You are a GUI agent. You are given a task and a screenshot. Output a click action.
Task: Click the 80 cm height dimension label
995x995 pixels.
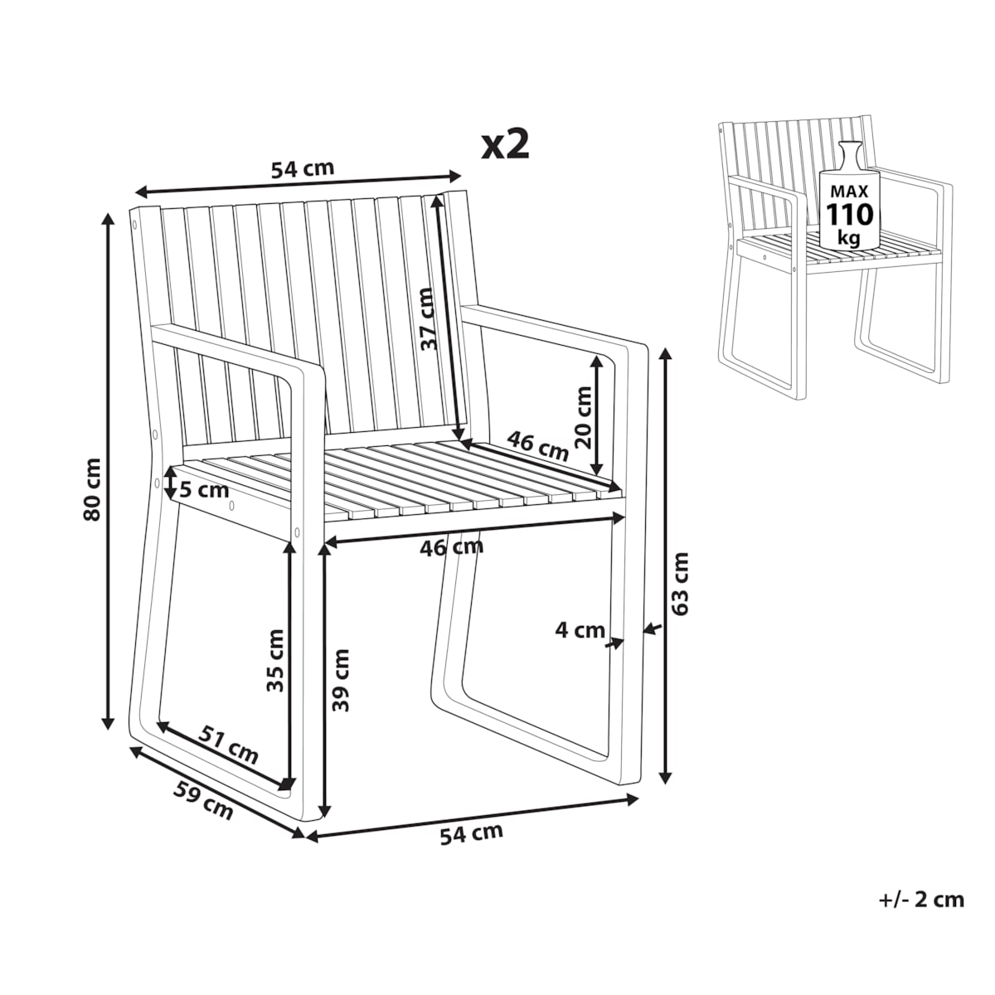tap(92, 489)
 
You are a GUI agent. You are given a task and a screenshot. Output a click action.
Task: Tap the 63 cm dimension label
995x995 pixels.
tap(681, 584)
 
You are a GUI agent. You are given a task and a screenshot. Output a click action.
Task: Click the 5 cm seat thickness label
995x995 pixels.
tap(205, 490)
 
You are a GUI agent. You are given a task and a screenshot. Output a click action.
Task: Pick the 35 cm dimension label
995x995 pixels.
tap(275, 661)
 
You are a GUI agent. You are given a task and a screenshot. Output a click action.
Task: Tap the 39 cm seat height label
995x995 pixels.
tap(341, 681)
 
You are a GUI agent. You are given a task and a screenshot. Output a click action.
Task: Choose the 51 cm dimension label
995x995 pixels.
tap(229, 751)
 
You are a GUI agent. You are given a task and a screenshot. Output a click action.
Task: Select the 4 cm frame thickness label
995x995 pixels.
tap(580, 630)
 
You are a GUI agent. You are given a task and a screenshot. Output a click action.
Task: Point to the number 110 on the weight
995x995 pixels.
tap(849, 214)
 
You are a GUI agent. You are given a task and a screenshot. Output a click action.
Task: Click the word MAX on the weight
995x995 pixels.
tap(849, 192)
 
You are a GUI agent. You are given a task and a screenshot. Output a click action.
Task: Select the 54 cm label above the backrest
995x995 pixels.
tap(303, 169)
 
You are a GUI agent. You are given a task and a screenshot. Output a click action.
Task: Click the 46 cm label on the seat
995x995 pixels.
tap(537, 446)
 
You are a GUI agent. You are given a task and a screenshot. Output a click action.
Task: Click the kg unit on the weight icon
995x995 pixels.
tap(849, 239)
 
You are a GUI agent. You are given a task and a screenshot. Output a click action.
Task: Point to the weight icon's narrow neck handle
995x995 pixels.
tap(849, 153)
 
